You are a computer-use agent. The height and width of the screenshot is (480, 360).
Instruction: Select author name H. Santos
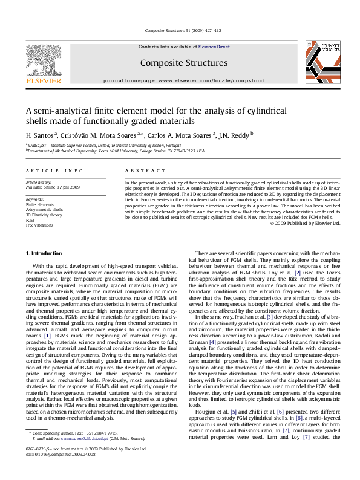pos(41,134)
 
